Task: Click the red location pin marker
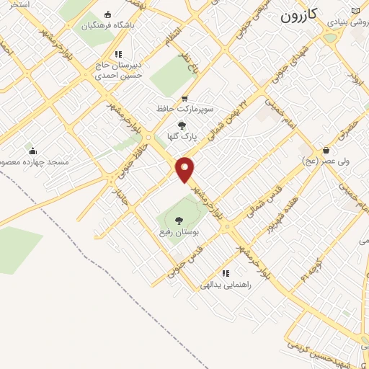coord(185,170)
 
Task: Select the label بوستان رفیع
coord(179,234)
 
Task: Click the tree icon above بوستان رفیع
coord(178,220)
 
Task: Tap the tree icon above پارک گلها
coord(180,125)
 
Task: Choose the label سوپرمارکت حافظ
coord(184,110)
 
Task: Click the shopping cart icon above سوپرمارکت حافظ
coord(184,98)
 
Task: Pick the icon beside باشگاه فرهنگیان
coord(108,14)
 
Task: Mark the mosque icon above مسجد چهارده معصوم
coord(32,151)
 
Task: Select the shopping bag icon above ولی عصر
coord(327,151)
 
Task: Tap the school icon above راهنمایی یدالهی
coord(226,273)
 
